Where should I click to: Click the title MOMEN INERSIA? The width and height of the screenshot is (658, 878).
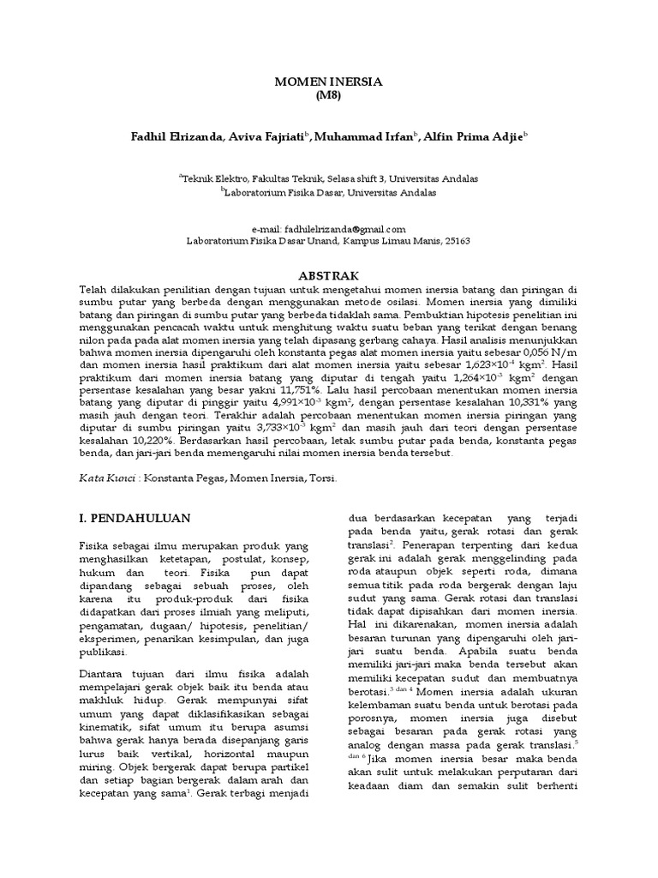[x=328, y=81]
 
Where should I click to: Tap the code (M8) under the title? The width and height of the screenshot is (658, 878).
[x=328, y=95]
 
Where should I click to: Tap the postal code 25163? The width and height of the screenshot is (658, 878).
[x=455, y=242]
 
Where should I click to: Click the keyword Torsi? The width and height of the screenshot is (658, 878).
[x=325, y=479]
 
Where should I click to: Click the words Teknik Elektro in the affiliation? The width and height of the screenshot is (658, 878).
[x=212, y=179]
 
